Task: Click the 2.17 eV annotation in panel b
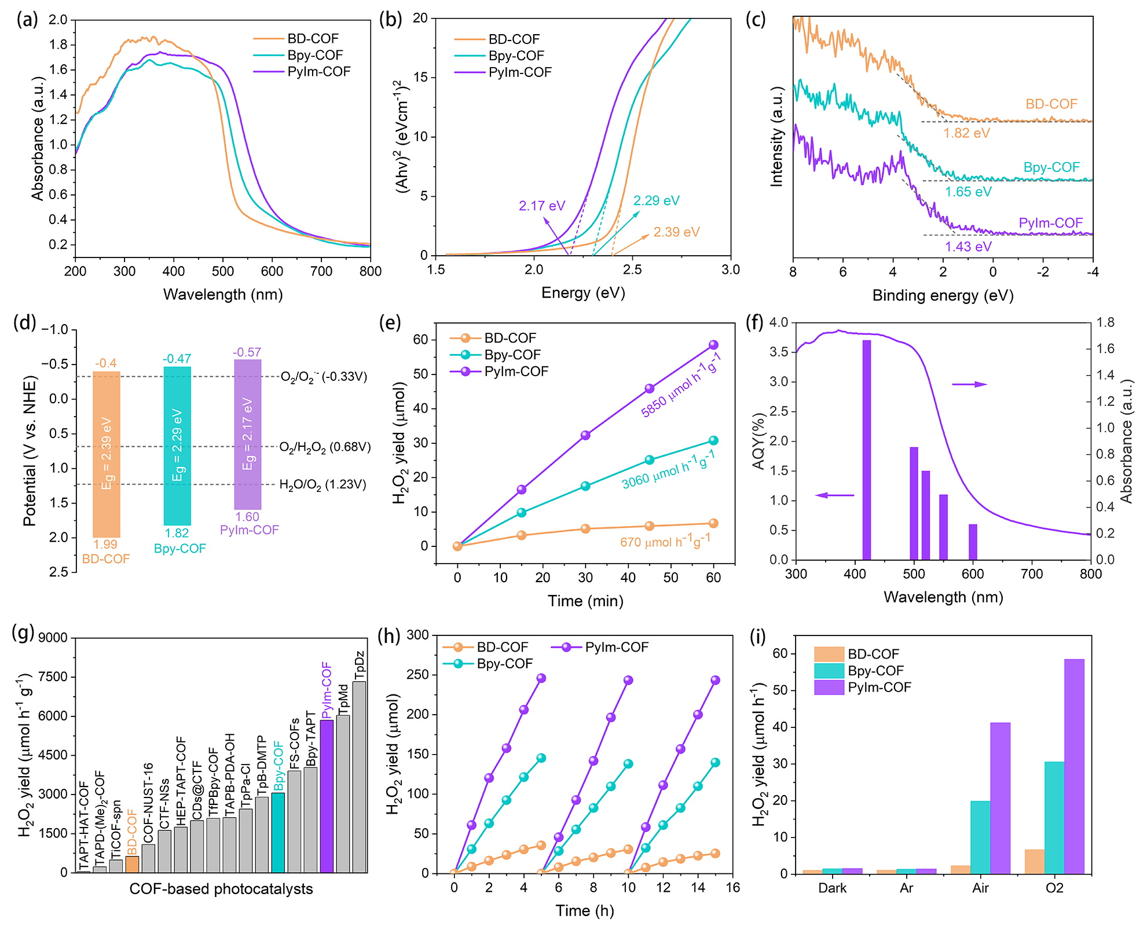click(x=541, y=206)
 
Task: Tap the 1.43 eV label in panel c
click(x=968, y=247)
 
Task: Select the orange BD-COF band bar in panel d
click(x=107, y=454)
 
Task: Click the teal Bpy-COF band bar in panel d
click(x=177, y=446)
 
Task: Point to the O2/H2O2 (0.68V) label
click(x=325, y=447)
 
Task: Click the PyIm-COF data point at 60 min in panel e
click(x=713, y=345)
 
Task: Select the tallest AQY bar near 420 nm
click(x=866, y=450)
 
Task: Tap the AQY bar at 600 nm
click(x=973, y=542)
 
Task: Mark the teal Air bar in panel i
click(x=980, y=837)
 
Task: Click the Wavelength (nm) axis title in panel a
click(x=223, y=295)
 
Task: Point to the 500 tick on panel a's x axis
click(x=223, y=271)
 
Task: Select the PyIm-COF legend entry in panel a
click(x=318, y=72)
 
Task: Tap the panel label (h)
click(x=389, y=636)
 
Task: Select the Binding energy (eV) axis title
click(x=943, y=296)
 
